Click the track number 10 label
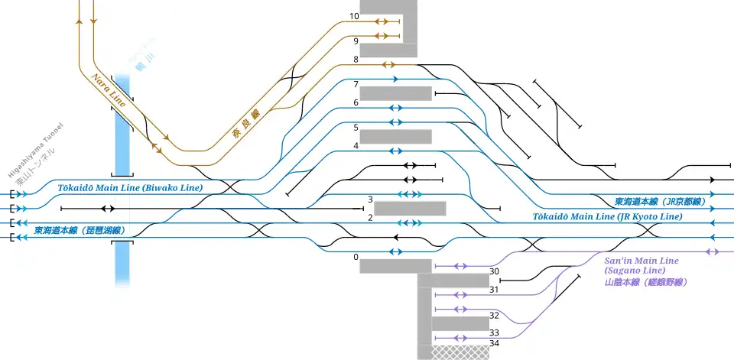354,17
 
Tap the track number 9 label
355,41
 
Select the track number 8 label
356,60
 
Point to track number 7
356,83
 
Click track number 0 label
356,258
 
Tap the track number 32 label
494,316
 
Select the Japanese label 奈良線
246,125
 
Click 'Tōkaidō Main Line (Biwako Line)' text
129,188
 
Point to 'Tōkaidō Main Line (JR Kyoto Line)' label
607,217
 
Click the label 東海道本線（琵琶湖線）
79,230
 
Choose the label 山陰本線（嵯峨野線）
645,282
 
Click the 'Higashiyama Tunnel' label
32,154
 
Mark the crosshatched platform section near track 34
460,352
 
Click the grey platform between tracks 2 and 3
410,208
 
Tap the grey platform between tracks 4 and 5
395,137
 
